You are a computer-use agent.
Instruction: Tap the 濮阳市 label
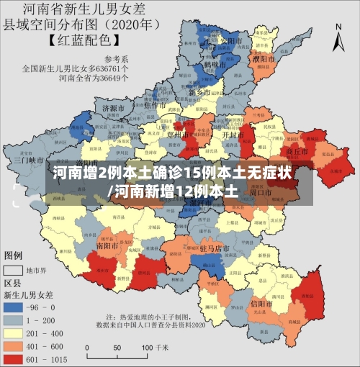pyautogui.click(x=266, y=58)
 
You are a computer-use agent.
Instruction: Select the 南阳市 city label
pyautogui.click(x=107, y=245)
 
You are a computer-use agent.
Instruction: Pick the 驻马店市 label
pyautogui.click(x=215, y=248)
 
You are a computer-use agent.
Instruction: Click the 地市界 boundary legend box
pyautogui.click(x=14, y=271)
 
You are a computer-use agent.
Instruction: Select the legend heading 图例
pyautogui.click(x=14, y=255)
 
